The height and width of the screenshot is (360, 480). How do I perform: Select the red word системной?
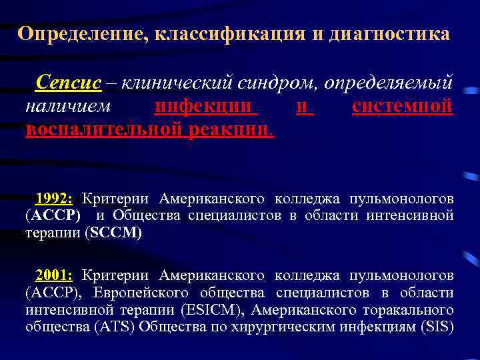[x=403, y=106]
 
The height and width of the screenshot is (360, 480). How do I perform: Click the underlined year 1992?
[x=56, y=198]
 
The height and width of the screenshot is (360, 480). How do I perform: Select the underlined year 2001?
[x=56, y=275]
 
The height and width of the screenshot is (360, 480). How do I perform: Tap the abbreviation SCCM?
[x=121, y=233]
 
